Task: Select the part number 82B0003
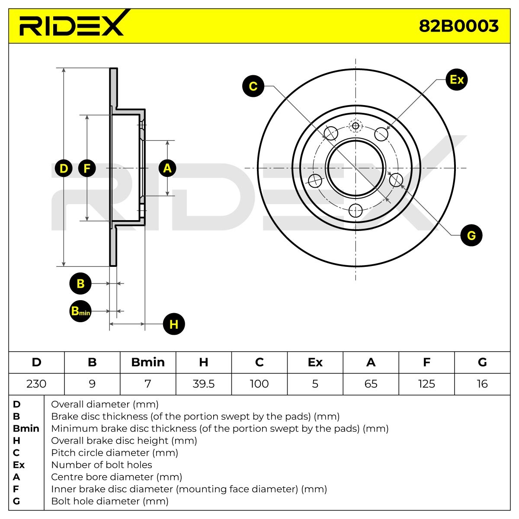click(458, 26)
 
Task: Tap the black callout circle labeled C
click(253, 86)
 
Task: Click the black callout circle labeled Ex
click(457, 80)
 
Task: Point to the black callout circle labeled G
click(471, 235)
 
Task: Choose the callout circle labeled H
click(174, 324)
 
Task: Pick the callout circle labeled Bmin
click(80, 311)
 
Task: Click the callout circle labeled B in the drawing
click(80, 284)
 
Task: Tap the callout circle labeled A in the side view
click(167, 168)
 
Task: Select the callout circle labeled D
click(64, 168)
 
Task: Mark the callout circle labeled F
click(87, 168)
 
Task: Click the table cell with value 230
click(36, 384)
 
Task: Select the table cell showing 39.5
click(204, 384)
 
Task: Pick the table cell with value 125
click(426, 384)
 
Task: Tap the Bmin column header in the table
click(148, 362)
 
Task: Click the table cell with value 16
click(482, 384)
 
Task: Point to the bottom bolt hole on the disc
click(356, 211)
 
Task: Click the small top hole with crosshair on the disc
click(356, 126)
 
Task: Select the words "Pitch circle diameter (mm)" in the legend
click(115, 453)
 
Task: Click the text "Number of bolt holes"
click(102, 465)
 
